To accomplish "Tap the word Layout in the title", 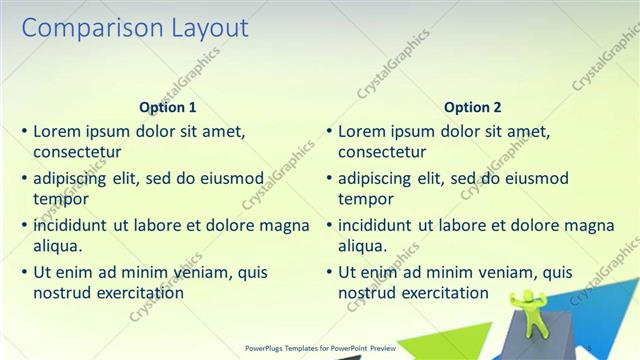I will pos(206,28).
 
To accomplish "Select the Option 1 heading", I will pos(168,107).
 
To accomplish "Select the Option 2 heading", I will pos(473,107).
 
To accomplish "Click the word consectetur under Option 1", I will pos(77,153).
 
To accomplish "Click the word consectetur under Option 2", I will pos(382,153).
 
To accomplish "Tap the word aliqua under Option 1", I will pos(57,246).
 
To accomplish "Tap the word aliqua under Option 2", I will pos(362,246).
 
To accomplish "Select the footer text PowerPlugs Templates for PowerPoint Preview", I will pos(320,348).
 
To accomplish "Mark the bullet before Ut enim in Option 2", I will pos(329,272).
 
